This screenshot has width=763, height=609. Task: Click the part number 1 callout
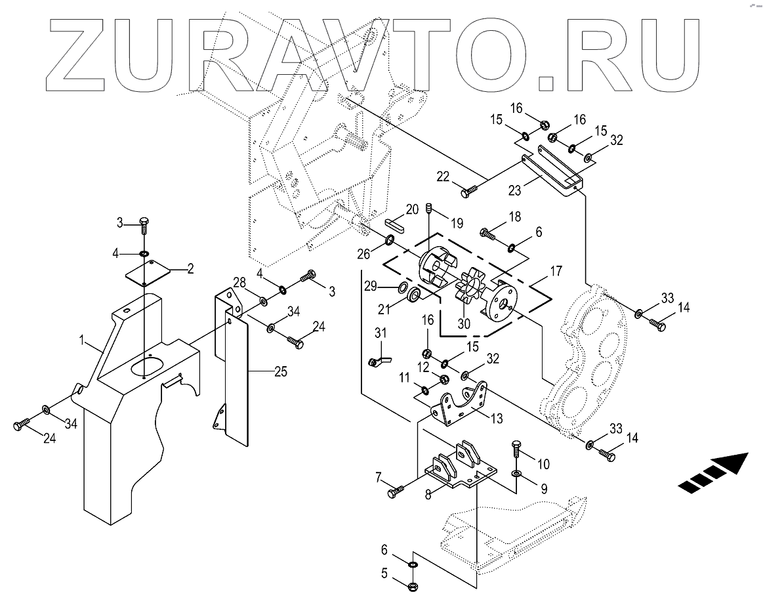click(x=83, y=341)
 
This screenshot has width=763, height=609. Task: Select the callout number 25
click(x=281, y=372)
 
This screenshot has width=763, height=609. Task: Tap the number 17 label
click(x=556, y=270)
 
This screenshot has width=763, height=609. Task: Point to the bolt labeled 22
click(x=470, y=191)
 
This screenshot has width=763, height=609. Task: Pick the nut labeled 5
click(x=413, y=584)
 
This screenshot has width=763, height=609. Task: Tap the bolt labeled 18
click(x=487, y=232)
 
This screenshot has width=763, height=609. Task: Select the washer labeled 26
click(x=390, y=241)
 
